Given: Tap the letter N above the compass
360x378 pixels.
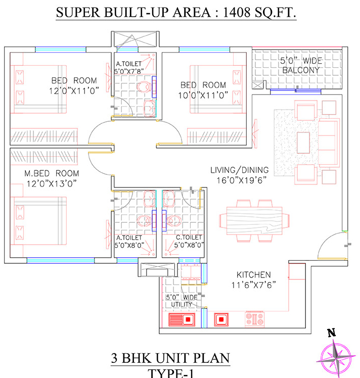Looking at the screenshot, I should click(x=332, y=333).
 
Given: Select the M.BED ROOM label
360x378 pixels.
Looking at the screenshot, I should click(x=52, y=173).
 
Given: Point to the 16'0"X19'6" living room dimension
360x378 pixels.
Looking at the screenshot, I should click(x=240, y=179).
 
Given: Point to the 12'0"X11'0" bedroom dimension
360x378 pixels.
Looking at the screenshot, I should click(x=74, y=89).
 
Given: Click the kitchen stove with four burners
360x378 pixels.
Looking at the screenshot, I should click(x=255, y=319).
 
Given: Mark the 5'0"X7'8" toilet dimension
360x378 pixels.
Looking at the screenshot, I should click(x=131, y=72).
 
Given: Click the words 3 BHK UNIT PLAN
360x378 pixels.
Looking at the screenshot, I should click(x=170, y=360).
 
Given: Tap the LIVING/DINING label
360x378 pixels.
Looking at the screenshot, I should click(x=240, y=170).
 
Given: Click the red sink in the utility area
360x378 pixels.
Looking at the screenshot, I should click(x=182, y=319).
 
